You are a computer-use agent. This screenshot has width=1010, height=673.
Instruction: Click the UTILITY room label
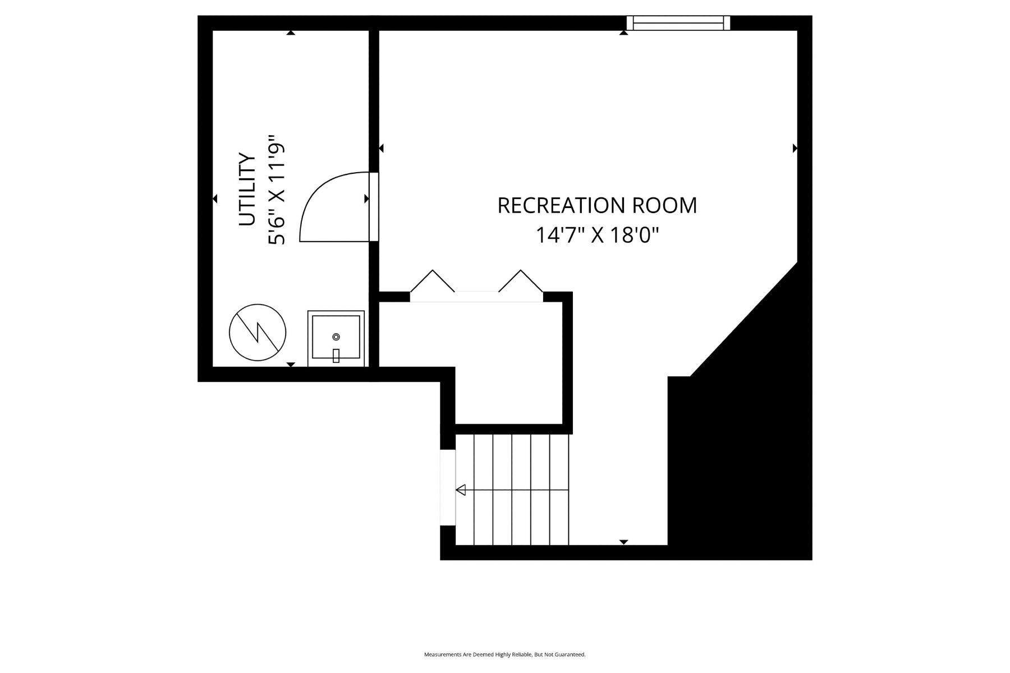click(x=247, y=189)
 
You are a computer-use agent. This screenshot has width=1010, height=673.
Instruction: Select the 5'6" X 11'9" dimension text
click(x=277, y=190)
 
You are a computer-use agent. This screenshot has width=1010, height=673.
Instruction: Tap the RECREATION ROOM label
click(x=597, y=205)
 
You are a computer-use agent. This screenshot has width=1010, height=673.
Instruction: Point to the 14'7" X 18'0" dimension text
click(x=597, y=235)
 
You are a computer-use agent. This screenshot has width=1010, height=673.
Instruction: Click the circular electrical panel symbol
click(x=258, y=332)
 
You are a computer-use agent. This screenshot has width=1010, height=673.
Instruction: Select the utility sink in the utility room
click(x=336, y=339)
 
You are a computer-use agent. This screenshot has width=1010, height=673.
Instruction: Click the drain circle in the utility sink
click(x=336, y=336)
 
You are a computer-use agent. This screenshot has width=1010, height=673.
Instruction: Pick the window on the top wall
click(x=678, y=22)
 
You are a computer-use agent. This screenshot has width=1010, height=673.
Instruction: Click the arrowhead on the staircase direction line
click(x=461, y=490)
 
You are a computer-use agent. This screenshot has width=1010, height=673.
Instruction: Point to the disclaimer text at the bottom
click(x=504, y=654)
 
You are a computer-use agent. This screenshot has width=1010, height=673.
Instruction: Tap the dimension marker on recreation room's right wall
click(x=795, y=148)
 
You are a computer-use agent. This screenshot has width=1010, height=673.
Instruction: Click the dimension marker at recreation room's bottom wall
click(x=623, y=542)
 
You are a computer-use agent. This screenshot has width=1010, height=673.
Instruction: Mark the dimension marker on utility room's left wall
click(x=215, y=199)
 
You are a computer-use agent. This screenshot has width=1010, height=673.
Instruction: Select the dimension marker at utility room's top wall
click(x=291, y=33)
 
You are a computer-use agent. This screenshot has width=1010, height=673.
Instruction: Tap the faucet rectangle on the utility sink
click(x=336, y=356)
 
